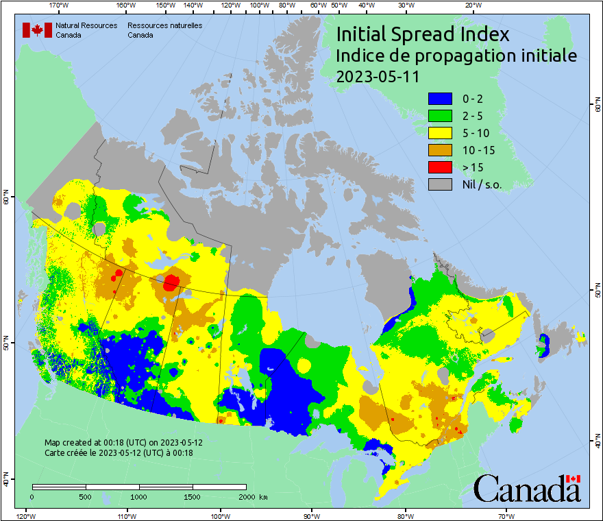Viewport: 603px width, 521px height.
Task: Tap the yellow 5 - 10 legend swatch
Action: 439,133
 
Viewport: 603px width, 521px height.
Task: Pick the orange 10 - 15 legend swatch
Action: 439,150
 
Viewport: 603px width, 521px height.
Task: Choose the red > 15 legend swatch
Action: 439,167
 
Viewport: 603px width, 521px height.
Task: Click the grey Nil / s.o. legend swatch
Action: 439,184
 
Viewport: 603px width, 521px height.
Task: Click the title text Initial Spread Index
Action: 423,35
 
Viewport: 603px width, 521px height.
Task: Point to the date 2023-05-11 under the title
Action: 378,76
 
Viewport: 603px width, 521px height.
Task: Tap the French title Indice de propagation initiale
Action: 456,56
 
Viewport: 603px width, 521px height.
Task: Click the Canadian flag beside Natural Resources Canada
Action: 37,29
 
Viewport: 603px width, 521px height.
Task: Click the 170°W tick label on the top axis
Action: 60,5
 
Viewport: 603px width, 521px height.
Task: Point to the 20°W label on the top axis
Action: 472,5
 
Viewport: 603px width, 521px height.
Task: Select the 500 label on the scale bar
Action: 85,496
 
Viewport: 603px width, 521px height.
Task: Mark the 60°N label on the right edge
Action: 597,107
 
